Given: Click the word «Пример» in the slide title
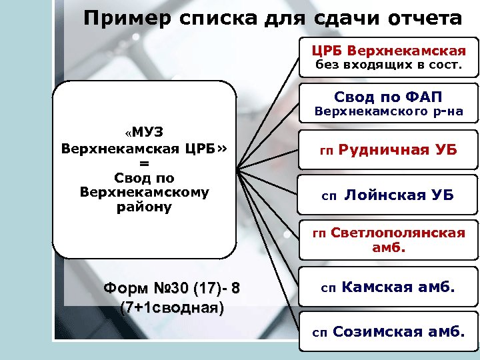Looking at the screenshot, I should [123, 17].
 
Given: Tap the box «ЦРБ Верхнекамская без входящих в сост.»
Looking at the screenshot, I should [388, 58].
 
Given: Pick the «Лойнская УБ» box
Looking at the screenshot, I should [388, 195].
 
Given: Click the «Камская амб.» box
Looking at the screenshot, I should [388, 288].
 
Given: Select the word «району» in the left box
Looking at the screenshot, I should [145, 208].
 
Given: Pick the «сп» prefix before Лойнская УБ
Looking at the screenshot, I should [329, 196].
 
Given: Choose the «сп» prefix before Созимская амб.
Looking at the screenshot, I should [320, 332].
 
